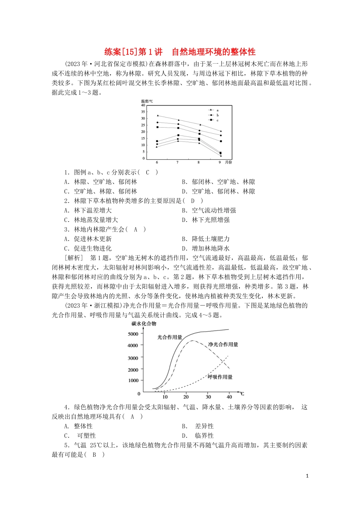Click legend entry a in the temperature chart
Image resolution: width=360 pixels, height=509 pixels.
pos(217,110)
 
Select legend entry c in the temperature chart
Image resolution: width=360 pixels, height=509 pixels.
pos(217,120)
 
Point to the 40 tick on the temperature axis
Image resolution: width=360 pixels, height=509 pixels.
pos(143,105)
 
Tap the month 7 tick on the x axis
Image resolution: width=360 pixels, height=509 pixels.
pos(177,162)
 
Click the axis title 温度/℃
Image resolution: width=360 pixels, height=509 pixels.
pos(147,101)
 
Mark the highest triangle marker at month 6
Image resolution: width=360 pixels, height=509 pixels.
pos(158,116)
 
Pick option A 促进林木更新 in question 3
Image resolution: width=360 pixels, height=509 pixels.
pos(88,239)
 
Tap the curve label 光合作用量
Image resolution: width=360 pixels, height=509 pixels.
pos(170,337)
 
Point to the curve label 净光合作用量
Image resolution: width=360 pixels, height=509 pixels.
pos(223,344)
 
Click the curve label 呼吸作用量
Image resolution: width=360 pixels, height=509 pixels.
pos(220,377)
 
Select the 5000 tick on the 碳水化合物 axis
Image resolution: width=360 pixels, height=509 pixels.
pos(133,334)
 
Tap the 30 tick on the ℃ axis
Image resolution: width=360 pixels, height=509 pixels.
pos(208,397)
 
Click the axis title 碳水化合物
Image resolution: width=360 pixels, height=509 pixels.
pos(144,324)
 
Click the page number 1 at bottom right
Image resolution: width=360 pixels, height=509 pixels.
pos(307,476)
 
